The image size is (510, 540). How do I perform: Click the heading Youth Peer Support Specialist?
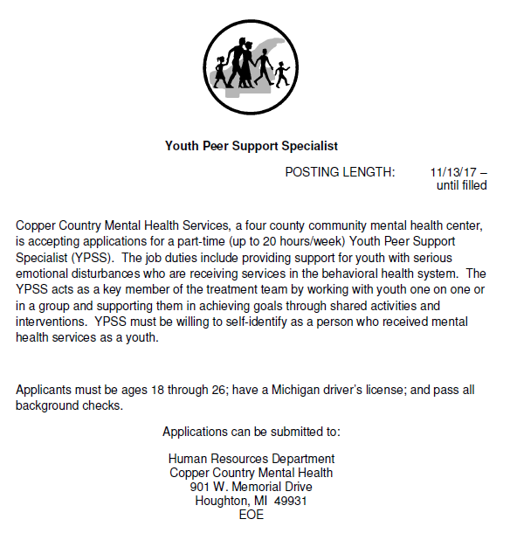coord(252,146)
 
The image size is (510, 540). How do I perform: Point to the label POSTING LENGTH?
coord(340,172)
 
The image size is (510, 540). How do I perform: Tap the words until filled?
coord(461,185)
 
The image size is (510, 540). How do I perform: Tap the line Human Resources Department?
coord(252,459)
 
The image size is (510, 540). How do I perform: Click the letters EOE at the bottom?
coord(252,515)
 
